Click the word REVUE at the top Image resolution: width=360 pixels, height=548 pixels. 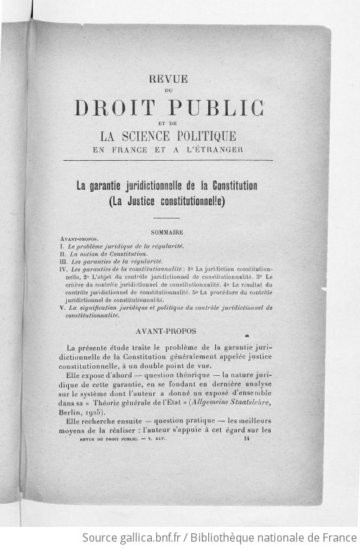click(x=168, y=79)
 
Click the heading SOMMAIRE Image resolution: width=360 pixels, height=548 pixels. click(x=167, y=232)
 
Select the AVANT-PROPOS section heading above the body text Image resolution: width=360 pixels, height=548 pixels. click(x=167, y=330)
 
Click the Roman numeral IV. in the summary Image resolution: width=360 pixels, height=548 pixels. click(x=64, y=268)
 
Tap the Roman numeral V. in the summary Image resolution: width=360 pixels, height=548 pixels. click(x=63, y=307)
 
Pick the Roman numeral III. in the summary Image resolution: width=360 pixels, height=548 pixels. click(x=65, y=261)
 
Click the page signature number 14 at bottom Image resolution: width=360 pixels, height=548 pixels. click(x=247, y=438)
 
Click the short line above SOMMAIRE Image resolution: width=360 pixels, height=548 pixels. click(x=167, y=218)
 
